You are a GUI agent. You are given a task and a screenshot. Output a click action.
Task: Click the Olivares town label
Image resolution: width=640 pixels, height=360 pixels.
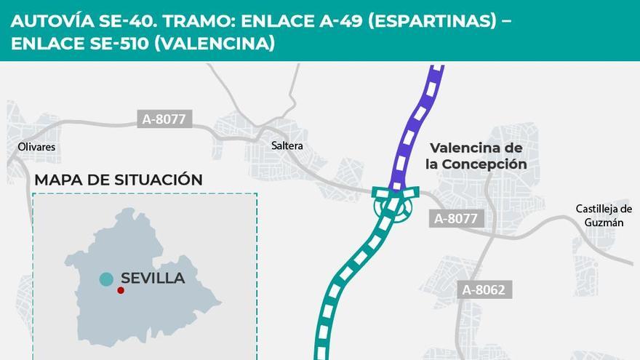(x=36, y=147)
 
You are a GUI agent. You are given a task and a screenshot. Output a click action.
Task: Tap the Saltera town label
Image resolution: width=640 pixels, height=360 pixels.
(x=287, y=145)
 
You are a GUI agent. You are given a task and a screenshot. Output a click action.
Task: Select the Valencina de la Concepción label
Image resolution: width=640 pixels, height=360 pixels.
(x=476, y=156)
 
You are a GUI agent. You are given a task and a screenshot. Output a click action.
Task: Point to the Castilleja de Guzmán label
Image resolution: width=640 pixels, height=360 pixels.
(x=603, y=216)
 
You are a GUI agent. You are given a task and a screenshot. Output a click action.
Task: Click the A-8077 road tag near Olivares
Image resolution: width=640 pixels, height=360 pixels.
(x=164, y=119)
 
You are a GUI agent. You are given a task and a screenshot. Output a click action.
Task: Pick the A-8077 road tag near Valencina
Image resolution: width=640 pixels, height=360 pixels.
(x=457, y=217)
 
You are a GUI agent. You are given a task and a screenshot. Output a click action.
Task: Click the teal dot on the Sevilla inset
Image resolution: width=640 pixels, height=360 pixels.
(x=106, y=279)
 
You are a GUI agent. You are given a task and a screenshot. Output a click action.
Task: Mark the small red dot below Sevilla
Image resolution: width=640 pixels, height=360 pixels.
(x=121, y=290)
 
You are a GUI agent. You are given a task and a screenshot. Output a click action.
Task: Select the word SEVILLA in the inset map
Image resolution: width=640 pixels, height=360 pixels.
(x=153, y=279)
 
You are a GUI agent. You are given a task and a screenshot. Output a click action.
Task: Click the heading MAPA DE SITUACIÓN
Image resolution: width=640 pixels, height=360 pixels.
(x=119, y=180)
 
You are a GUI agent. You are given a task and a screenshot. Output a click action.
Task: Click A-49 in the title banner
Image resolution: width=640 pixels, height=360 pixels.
(x=339, y=20)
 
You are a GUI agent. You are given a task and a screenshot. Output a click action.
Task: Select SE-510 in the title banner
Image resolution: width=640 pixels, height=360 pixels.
(x=120, y=44)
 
